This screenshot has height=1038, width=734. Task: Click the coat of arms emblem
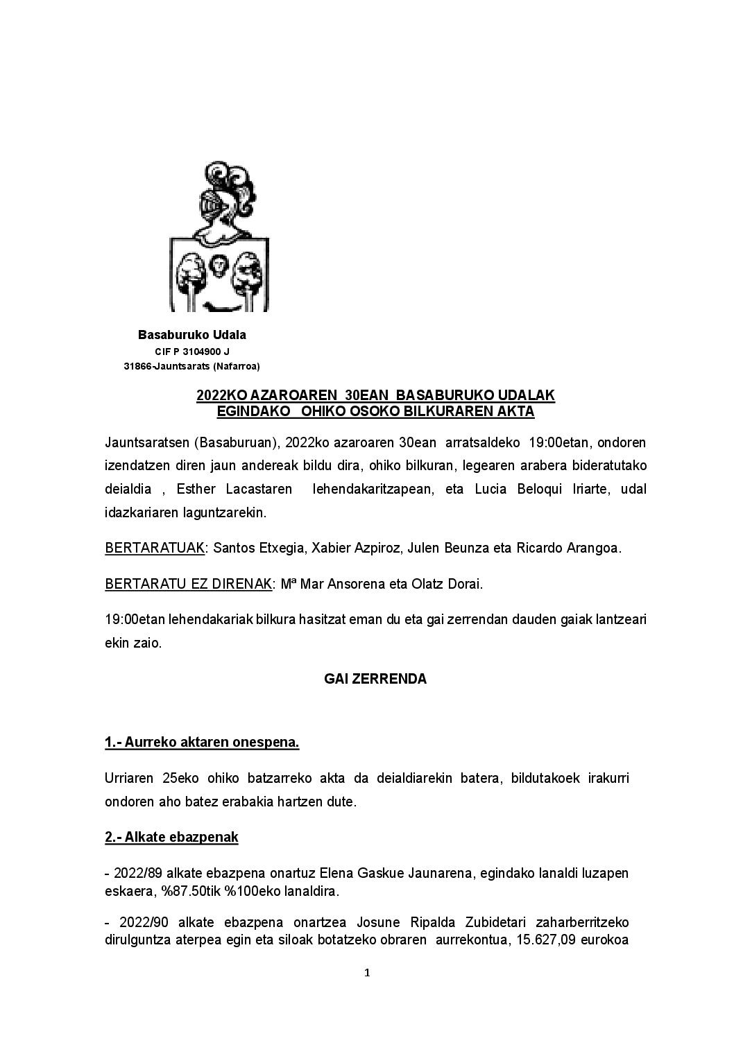pyautogui.click(x=219, y=236)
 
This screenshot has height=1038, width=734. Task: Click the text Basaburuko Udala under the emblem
pyautogui.click(x=192, y=335)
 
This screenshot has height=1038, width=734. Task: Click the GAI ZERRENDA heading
pyautogui.click(x=375, y=680)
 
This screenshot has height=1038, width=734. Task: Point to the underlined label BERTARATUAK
pyautogui.click(x=155, y=548)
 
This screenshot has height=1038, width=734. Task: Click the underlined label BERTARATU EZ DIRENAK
pyautogui.click(x=187, y=584)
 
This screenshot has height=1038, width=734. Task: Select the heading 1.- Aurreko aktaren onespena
pyautogui.click(x=202, y=743)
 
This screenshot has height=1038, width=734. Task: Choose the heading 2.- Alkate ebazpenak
pyautogui.click(x=171, y=837)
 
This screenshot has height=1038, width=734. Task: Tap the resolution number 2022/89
pyautogui.click(x=139, y=873)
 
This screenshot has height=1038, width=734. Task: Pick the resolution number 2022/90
pyautogui.click(x=142, y=923)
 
